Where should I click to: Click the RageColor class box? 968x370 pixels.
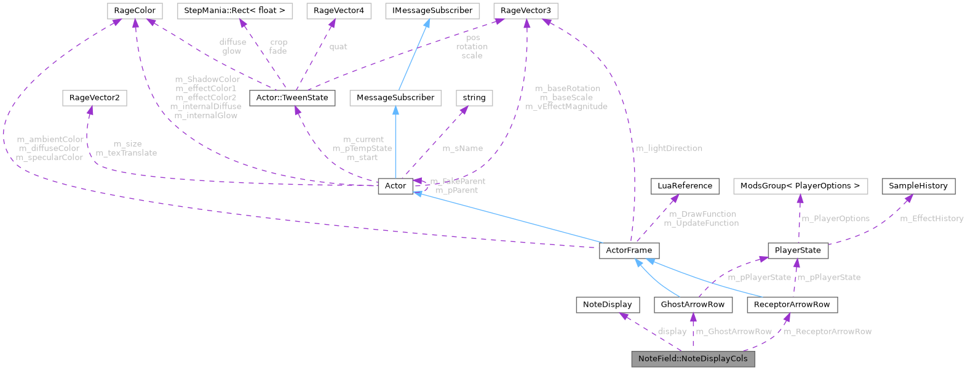click(135, 10)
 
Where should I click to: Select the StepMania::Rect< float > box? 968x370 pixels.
click(235, 10)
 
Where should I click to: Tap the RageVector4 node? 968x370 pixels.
click(338, 10)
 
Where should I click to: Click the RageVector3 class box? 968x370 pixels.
click(525, 10)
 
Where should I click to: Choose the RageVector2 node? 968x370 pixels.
click(94, 97)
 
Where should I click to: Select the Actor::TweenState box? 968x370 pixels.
click(292, 97)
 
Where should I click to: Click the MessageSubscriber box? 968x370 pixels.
click(395, 97)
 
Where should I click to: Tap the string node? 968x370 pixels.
click(474, 97)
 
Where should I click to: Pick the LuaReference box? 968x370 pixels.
click(684, 185)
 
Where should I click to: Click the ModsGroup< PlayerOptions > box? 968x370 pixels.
click(799, 185)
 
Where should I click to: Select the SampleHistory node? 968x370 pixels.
click(919, 185)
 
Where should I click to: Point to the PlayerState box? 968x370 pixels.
click(798, 251)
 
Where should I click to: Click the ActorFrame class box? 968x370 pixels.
click(629, 251)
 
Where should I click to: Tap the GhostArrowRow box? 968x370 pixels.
click(693, 304)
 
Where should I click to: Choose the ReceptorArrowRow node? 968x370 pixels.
click(791, 304)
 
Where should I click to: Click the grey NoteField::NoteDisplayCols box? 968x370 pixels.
click(693, 358)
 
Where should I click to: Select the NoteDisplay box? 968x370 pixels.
click(608, 304)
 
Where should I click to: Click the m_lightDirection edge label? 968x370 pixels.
click(668, 148)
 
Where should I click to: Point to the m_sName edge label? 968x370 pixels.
click(462, 148)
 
